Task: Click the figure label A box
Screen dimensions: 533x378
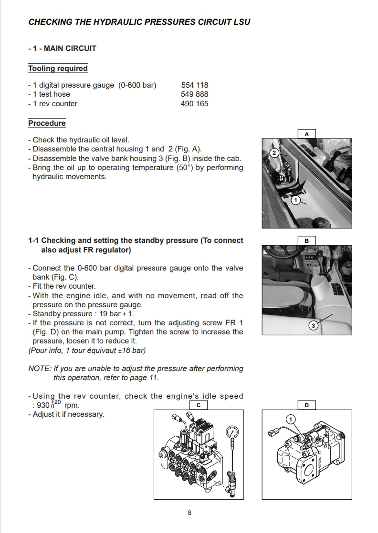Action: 307,134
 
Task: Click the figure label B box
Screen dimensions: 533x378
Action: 307,241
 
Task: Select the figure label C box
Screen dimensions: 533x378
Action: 198,405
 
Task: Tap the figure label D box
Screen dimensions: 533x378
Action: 307,405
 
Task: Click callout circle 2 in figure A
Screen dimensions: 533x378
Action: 274,153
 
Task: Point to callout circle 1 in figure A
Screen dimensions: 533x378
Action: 296,201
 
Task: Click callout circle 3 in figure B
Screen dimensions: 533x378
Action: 314,326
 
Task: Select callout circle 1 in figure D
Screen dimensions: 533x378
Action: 290,419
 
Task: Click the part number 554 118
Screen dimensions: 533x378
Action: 195,85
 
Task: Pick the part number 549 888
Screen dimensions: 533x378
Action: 195,94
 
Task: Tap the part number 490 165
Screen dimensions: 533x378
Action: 195,103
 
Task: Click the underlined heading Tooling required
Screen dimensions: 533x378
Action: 58,69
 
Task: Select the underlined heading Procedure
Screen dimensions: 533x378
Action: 47,123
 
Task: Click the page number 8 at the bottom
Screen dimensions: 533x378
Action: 189,513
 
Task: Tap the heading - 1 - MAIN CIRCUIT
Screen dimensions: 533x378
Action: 62,48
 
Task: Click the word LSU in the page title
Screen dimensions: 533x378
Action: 240,22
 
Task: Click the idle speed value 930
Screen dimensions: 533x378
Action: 43,406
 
